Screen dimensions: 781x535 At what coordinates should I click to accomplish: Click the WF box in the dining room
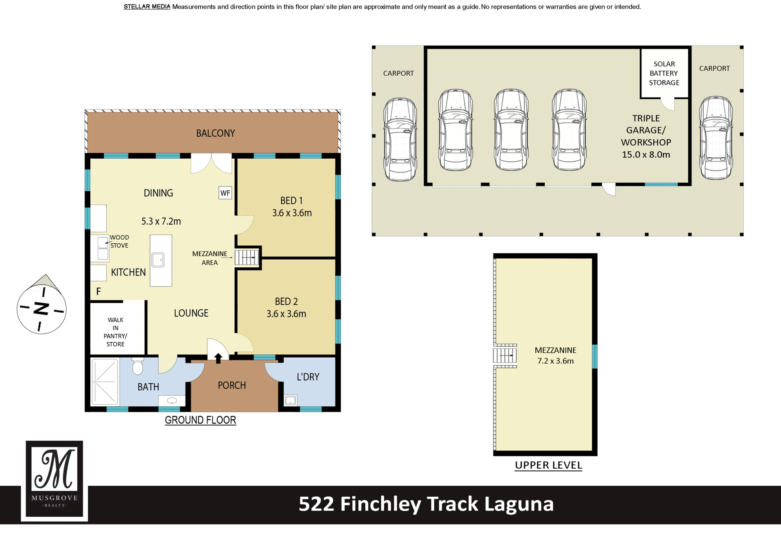point(225,193)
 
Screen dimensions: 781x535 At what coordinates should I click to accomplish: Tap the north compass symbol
point(41,305)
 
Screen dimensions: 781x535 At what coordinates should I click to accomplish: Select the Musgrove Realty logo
point(55,480)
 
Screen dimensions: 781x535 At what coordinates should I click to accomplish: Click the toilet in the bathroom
point(138,366)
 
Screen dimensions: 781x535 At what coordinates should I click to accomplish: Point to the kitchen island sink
point(158,260)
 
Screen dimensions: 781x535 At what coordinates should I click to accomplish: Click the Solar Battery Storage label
point(664,73)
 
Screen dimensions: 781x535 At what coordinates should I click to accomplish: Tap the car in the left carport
point(400,139)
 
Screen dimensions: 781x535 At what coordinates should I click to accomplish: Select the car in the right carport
point(716,138)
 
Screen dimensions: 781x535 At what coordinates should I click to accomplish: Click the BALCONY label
point(216,133)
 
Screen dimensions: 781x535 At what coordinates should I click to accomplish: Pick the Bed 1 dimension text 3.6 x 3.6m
point(292,213)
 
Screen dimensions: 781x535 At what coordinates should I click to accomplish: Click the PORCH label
point(232,385)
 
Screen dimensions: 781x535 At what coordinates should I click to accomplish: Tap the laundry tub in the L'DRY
point(290,401)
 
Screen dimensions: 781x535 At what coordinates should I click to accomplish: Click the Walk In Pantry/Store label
point(116,332)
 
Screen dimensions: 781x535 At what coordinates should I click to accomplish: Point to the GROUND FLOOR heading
point(201,420)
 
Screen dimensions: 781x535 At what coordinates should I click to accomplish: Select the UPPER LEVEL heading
point(548,465)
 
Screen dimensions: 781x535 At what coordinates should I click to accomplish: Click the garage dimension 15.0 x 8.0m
point(646,155)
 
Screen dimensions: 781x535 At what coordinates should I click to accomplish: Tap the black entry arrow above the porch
point(218,358)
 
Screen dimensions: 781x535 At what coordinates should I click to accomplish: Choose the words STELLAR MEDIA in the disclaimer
point(147,7)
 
